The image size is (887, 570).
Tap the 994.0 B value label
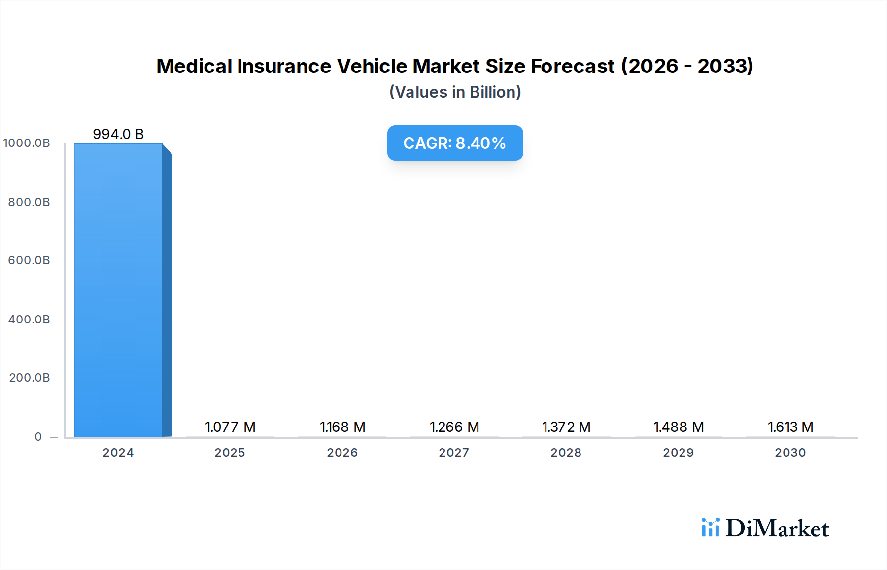point(118,134)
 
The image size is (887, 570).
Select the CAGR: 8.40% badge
point(455,143)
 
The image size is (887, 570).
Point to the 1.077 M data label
point(230,427)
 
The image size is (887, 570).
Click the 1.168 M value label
point(342,427)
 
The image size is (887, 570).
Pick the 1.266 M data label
point(454,427)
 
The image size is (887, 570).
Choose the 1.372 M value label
point(566,427)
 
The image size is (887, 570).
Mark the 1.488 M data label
point(679,427)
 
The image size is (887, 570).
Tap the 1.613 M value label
point(790,427)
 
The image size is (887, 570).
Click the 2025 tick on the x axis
point(230,453)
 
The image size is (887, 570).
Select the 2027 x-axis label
point(454,453)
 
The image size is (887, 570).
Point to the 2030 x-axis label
point(790,453)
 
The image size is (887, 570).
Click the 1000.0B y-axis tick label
point(27,143)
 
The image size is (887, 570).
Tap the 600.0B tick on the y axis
point(29,260)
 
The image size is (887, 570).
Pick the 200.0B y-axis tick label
point(30,378)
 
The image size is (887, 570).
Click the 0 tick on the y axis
point(38,437)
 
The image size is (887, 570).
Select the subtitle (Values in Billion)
point(455,92)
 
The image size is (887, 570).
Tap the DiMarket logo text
point(777,529)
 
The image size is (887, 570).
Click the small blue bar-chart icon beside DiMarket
point(711,528)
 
